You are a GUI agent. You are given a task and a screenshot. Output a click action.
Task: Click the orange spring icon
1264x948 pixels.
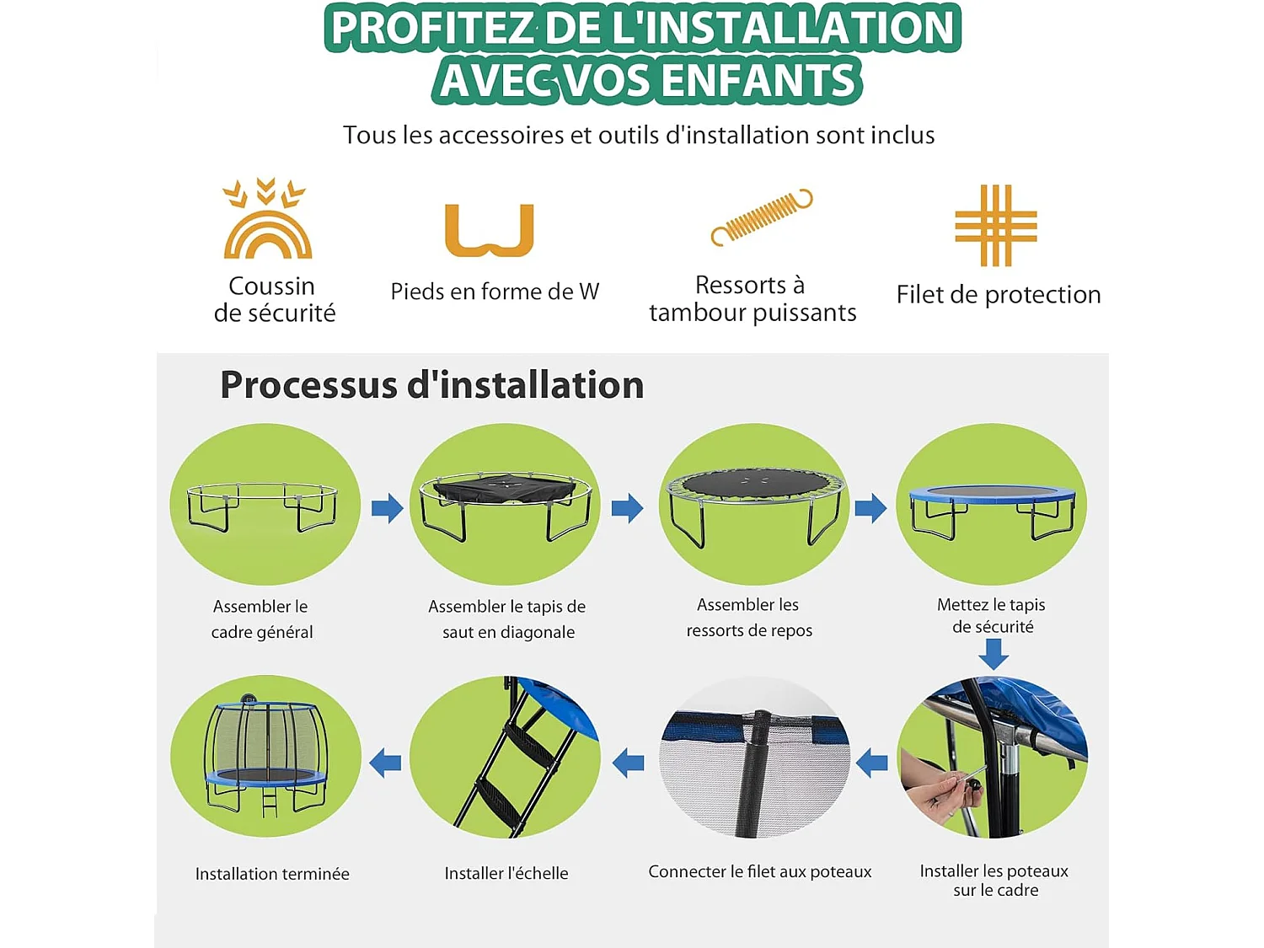coord(761,217)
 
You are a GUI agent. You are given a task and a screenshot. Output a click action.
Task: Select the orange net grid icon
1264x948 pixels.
coord(995,225)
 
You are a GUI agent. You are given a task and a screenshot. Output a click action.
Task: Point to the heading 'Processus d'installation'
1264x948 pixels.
coord(431,385)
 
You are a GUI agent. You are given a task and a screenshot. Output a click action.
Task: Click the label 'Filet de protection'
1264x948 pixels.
coord(998,294)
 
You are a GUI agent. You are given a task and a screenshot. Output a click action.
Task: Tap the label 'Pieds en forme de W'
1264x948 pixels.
coord(495,292)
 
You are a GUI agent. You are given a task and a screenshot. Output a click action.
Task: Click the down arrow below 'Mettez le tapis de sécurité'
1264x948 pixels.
coord(994,653)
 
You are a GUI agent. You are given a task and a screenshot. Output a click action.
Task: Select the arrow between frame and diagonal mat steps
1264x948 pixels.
coord(387,507)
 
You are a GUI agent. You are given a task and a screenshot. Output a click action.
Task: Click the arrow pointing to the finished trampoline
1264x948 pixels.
coord(385,762)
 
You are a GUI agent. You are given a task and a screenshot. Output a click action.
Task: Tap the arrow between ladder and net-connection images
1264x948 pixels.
coord(628,763)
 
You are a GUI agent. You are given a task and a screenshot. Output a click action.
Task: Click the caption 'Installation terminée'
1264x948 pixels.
coord(272,874)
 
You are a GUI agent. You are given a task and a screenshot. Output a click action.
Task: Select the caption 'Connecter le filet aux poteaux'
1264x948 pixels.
coord(759,871)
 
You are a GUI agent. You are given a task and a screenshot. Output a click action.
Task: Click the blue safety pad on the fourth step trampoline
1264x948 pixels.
coord(992,496)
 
